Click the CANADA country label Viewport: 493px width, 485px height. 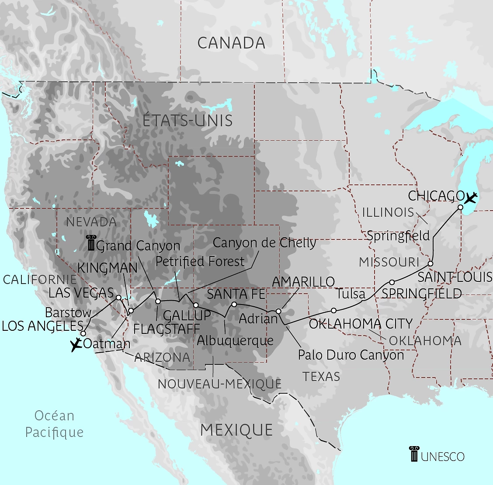[x=231, y=43]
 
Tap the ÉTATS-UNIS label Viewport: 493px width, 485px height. [x=187, y=121]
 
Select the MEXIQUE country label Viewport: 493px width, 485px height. [x=236, y=430]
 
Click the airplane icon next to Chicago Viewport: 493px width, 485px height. [x=471, y=198]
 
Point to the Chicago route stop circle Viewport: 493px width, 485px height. [x=460, y=207]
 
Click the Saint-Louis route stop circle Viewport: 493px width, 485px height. [x=431, y=263]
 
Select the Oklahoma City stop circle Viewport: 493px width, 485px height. [x=333, y=310]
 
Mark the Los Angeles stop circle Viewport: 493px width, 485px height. [x=83, y=333]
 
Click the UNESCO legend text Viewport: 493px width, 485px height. [x=443, y=457]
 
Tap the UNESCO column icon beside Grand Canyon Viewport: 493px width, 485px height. [x=91, y=243]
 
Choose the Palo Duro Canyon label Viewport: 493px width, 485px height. [x=351, y=355]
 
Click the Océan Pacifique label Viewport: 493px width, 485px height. [x=54, y=424]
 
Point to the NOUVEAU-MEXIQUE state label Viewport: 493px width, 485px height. [x=219, y=384]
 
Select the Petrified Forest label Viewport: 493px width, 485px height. [x=200, y=261]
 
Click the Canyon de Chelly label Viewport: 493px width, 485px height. [x=264, y=242]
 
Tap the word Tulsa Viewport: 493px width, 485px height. [x=351, y=293]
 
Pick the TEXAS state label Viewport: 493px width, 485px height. [x=321, y=376]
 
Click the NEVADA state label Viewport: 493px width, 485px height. [x=91, y=222]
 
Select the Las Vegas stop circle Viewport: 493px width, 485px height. [x=118, y=298]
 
